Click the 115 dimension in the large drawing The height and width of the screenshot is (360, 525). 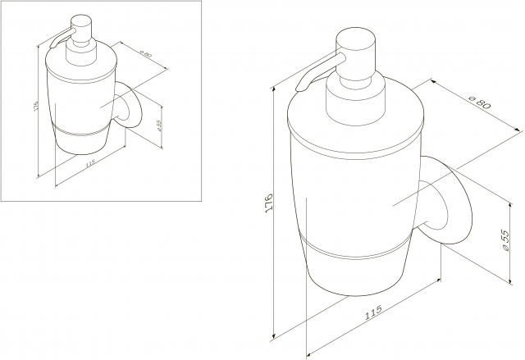(x=373, y=312)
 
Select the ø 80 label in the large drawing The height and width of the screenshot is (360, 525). (x=480, y=102)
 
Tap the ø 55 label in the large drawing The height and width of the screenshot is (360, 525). (x=504, y=240)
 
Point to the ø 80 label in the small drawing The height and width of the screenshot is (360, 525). (x=146, y=53)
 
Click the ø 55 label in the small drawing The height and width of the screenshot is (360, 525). (x=158, y=125)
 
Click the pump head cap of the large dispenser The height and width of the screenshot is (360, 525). (x=356, y=50)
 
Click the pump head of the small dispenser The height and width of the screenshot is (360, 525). (x=82, y=28)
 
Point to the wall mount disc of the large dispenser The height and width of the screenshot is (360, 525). (x=446, y=200)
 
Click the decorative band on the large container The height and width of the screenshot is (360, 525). (x=355, y=249)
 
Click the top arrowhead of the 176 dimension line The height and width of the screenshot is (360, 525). (x=275, y=89)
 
